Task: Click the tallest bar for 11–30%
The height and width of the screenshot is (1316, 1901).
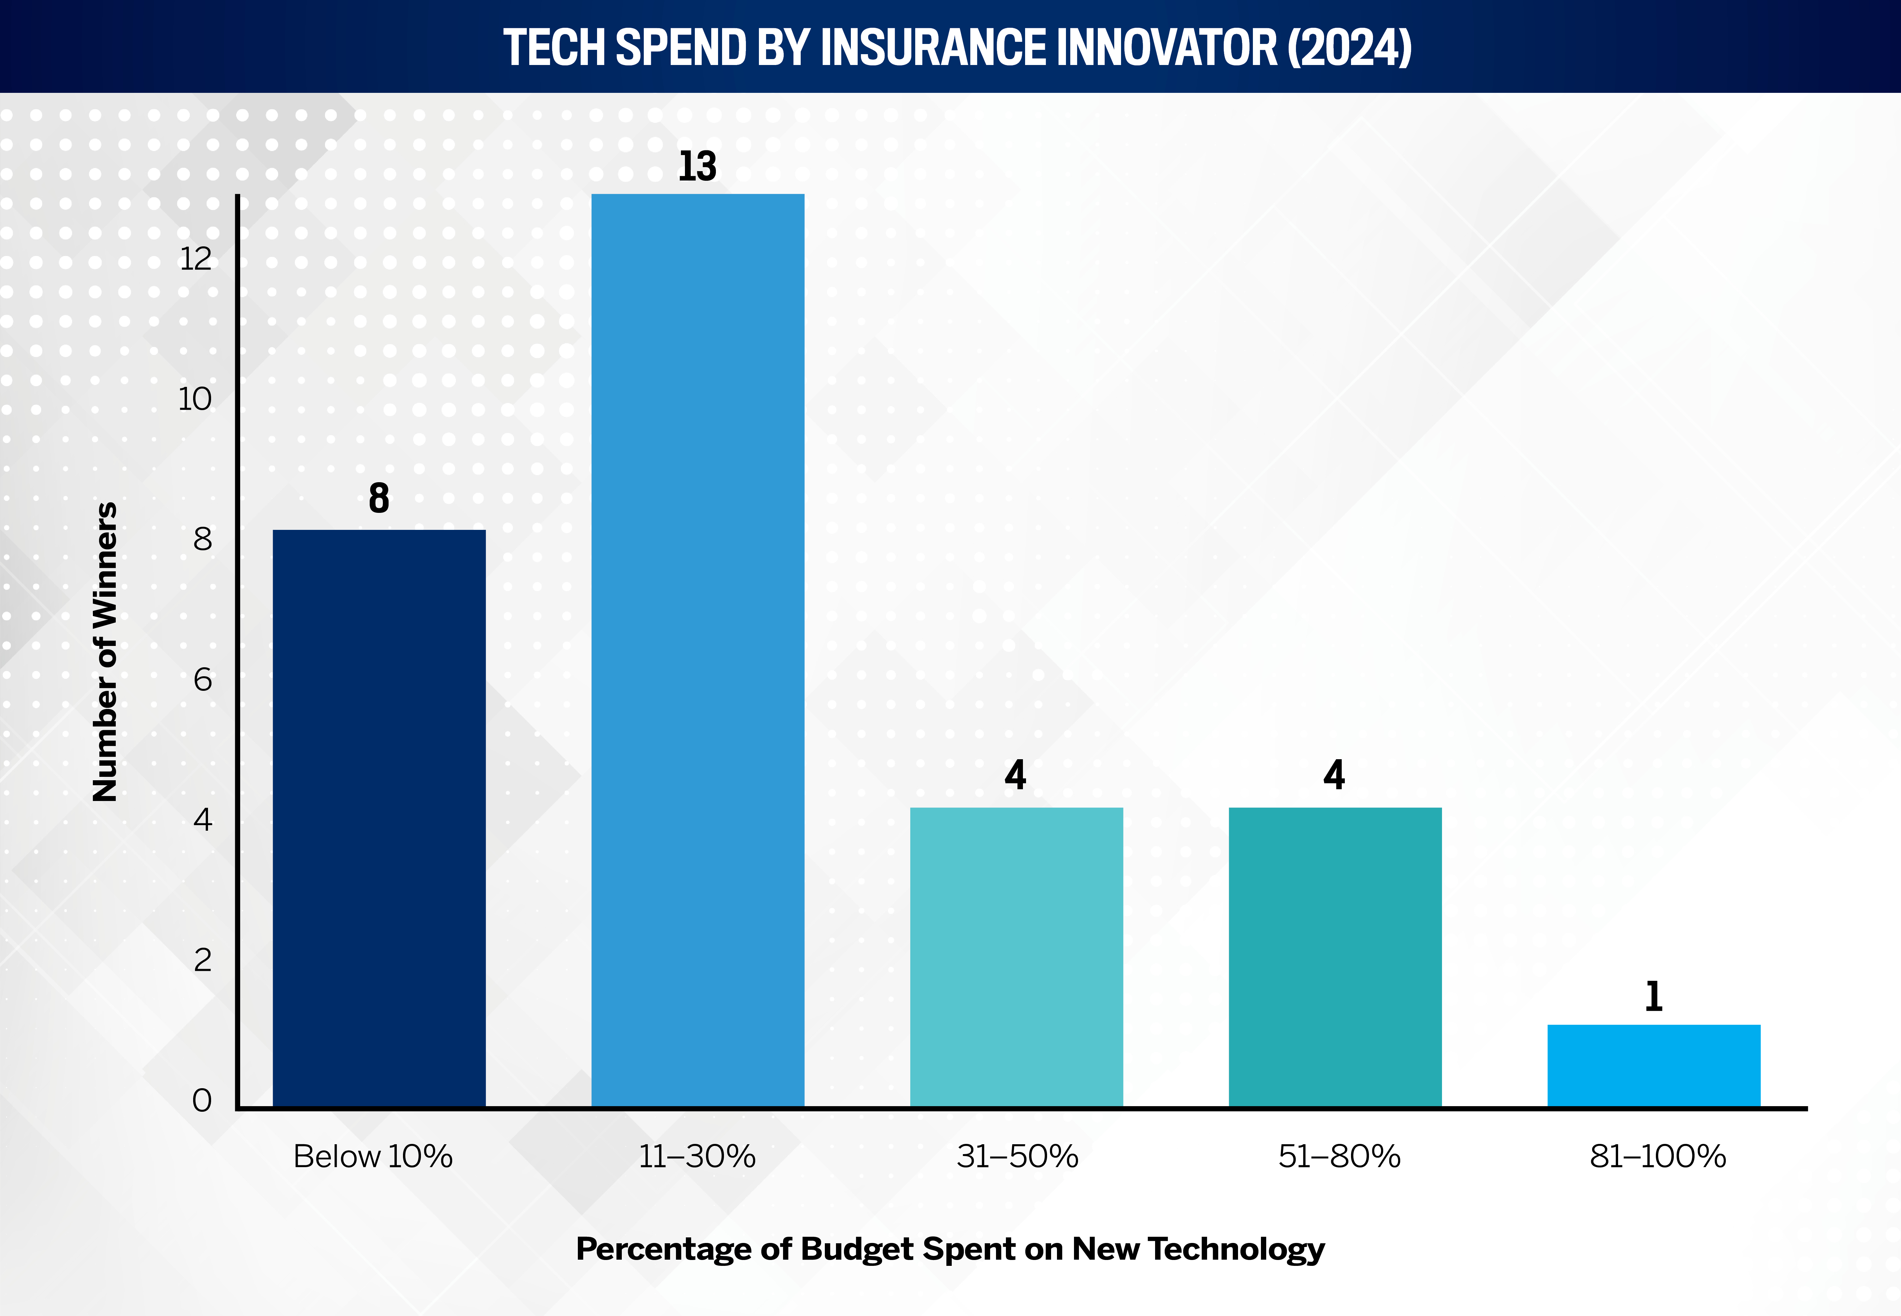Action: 697,651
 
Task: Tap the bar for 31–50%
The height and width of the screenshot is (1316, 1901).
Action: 1016,957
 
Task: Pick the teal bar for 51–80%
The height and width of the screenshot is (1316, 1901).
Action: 1335,957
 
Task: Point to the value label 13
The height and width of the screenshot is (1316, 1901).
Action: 697,167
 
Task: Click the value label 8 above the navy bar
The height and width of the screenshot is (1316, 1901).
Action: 379,498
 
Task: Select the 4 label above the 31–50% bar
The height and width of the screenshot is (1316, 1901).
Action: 1015,775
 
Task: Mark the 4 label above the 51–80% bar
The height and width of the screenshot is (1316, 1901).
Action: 1335,775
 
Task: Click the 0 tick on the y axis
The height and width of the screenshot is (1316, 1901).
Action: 202,1100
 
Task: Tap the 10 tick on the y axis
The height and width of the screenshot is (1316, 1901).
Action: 195,399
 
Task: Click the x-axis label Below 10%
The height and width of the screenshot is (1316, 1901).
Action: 374,1156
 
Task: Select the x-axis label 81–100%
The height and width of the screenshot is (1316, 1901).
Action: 1658,1156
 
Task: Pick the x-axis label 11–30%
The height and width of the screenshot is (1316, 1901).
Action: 697,1156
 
